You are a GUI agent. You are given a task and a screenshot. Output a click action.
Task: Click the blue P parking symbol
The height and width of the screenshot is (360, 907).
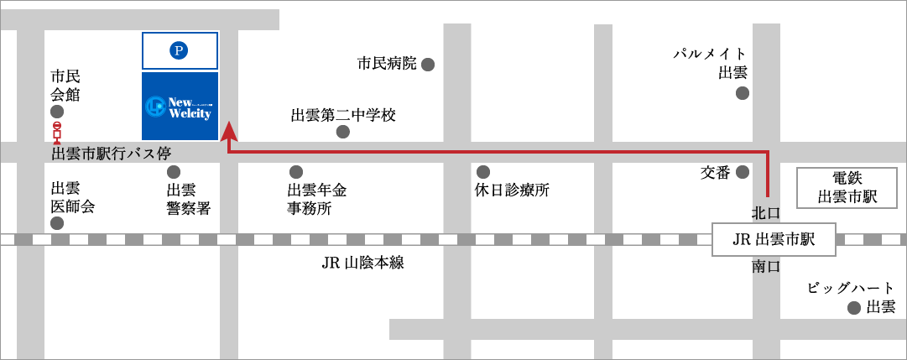pos(178,51)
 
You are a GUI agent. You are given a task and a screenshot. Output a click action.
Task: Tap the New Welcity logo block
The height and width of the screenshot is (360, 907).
pos(180,107)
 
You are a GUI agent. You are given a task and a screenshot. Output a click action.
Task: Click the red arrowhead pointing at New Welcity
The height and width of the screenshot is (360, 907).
pos(228,132)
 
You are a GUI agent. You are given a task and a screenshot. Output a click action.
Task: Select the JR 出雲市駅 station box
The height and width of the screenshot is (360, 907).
pos(774,239)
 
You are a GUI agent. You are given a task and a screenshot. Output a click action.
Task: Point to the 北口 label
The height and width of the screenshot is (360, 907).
pos(766,212)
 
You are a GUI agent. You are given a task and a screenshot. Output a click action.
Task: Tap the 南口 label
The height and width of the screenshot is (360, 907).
pos(766,267)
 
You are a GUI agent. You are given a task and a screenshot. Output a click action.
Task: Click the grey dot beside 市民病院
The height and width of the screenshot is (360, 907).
pos(428,64)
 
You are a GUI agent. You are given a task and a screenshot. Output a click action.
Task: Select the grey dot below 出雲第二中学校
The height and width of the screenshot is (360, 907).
pos(342,132)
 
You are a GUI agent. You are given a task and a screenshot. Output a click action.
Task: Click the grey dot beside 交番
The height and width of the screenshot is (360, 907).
pos(743,173)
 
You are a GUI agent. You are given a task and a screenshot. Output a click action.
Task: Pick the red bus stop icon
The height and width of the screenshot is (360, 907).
pos(57,133)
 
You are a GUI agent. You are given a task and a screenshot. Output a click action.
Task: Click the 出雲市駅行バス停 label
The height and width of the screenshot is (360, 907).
pos(111,154)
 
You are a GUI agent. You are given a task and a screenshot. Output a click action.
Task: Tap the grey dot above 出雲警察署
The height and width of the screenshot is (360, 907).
pos(174,172)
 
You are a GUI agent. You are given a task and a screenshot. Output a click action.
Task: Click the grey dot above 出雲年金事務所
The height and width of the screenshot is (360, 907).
pos(295,172)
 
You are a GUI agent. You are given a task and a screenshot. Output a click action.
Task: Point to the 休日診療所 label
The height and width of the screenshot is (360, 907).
pos(512,190)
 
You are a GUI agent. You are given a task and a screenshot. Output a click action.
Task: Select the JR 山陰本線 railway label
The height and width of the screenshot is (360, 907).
pos(363,263)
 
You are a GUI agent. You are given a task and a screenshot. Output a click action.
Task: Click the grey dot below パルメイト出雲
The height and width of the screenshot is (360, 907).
pos(743,93)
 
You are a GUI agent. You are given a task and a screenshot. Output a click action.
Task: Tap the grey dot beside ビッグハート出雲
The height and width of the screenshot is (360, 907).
pos(854,308)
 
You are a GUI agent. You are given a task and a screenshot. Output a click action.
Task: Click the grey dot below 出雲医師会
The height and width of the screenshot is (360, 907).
pos(57,223)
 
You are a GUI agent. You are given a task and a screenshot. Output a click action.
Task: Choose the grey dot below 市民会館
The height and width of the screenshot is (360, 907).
pos(57,112)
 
